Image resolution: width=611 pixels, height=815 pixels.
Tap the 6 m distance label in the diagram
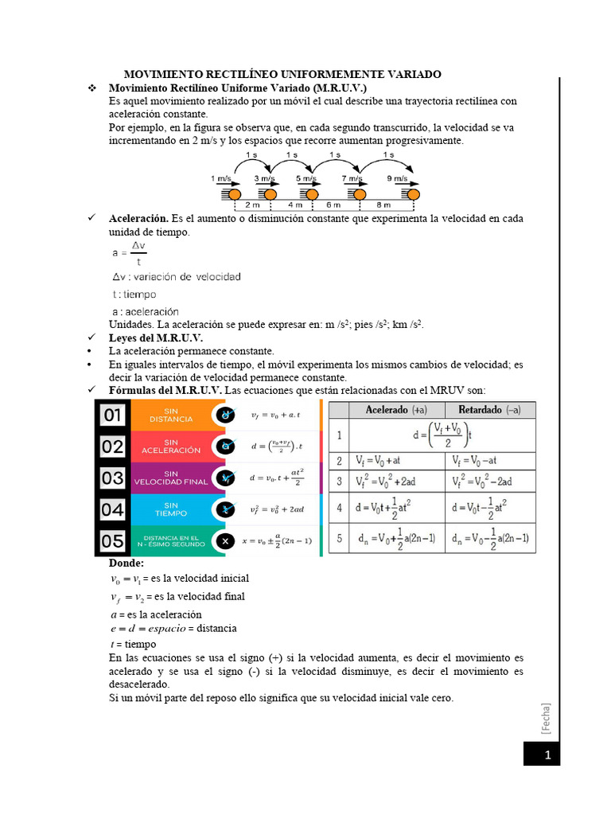pyautogui.click(x=333, y=205)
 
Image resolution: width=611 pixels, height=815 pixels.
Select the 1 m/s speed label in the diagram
pyautogui.click(x=221, y=178)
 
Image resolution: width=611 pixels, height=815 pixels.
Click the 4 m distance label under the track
pyautogui.click(x=294, y=205)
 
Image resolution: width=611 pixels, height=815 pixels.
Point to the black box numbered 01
pyautogui.click(x=112, y=415)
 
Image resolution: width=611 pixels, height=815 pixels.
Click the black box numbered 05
pyautogui.click(x=112, y=541)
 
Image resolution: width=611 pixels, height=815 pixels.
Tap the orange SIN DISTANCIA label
pyautogui.click(x=170, y=415)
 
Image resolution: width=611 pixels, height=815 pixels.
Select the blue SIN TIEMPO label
pyautogui.click(x=170, y=509)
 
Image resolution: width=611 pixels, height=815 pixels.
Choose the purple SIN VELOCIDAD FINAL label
pyautogui.click(x=170, y=478)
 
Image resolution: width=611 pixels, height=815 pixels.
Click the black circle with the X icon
pyautogui.click(x=226, y=541)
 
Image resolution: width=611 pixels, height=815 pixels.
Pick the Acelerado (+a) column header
pyautogui.click(x=395, y=410)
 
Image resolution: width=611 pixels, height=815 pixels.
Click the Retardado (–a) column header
pyautogui.click(x=490, y=410)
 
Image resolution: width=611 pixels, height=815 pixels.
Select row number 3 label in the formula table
pyautogui.click(x=339, y=482)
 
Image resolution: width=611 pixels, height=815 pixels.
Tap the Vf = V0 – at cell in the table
pyautogui.click(x=489, y=461)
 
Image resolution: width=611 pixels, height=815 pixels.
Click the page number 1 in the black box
pyautogui.click(x=547, y=754)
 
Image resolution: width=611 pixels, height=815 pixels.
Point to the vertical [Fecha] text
pyautogui.click(x=546, y=718)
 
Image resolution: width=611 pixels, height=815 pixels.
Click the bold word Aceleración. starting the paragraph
pyautogui.click(x=138, y=218)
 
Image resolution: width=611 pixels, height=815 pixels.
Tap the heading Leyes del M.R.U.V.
pyautogui.click(x=156, y=337)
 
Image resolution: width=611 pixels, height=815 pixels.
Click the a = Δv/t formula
pyautogui.click(x=129, y=253)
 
